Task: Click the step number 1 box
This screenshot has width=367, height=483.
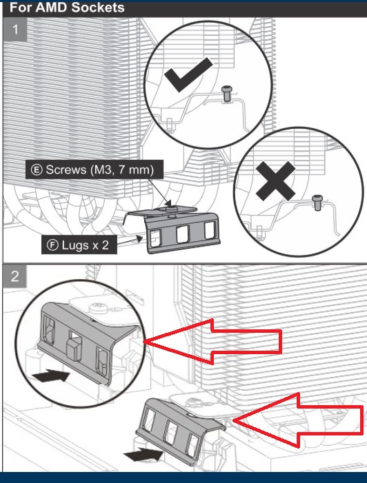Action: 14,30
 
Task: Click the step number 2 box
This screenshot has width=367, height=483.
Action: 14,276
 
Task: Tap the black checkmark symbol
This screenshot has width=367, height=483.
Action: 188,74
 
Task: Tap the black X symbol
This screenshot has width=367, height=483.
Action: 276,181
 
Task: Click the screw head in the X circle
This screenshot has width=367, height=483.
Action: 317,198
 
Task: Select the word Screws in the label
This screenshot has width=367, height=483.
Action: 66,169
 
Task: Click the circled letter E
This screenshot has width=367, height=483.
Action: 37,169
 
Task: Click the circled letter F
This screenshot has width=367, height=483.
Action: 52,245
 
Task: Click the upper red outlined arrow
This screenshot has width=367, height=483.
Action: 212,342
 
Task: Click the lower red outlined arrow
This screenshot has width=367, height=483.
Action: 298,420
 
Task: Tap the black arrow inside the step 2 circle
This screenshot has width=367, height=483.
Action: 51,376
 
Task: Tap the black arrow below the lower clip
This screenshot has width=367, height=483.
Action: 143,455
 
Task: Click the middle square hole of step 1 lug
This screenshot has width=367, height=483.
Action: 182,234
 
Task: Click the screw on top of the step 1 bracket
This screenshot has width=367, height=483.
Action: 169,209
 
